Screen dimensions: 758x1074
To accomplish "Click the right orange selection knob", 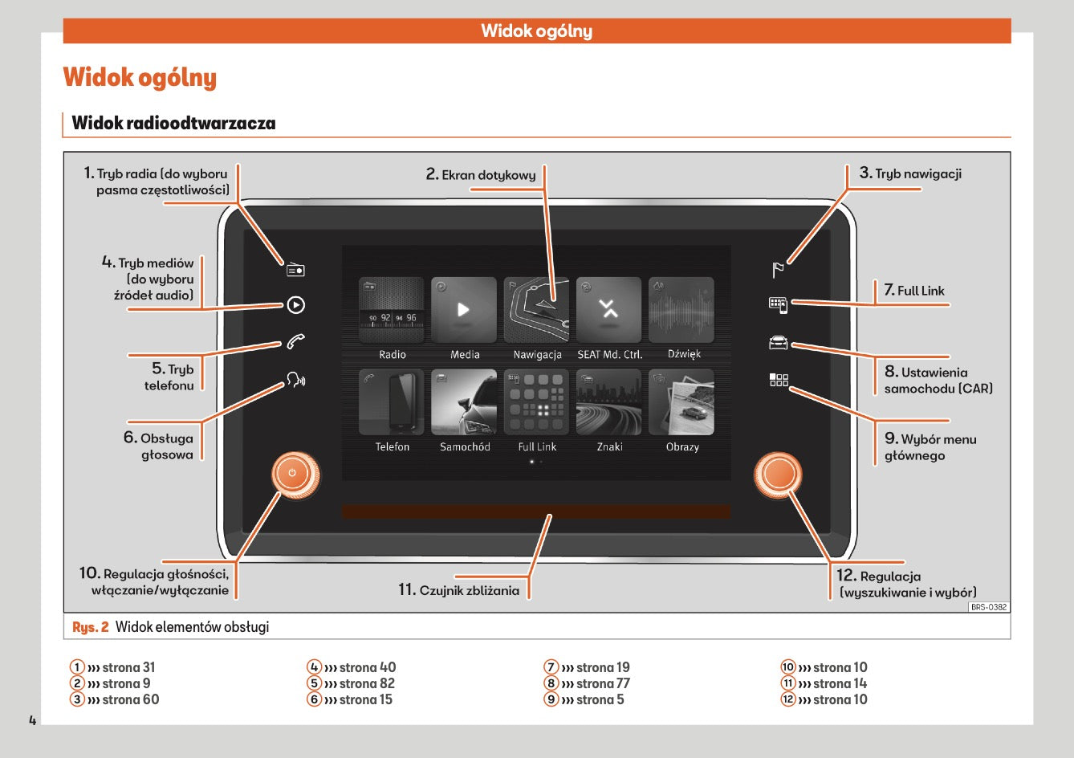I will [778, 475].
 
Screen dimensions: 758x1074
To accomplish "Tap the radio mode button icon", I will [295, 270].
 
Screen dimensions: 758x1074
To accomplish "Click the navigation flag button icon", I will [778, 270].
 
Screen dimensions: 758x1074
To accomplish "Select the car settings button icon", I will [778, 343].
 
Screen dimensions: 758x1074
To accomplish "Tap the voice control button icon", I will [295, 380].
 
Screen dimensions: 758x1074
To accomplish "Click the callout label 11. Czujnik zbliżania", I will [459, 590].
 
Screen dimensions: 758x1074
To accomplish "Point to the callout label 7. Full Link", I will [914, 291].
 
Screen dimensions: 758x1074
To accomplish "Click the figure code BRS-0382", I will [989, 607].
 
